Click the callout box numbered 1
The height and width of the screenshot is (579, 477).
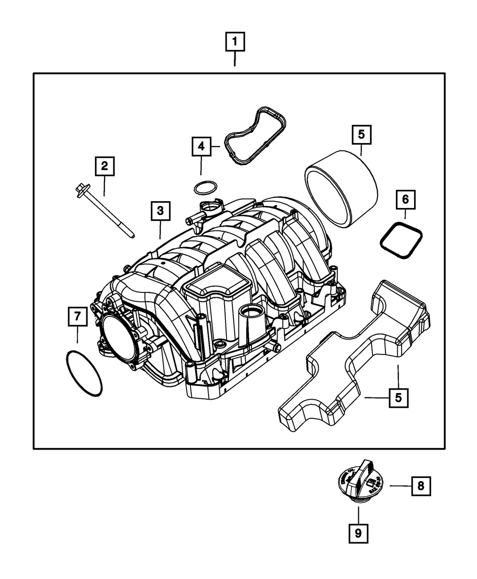tap(235, 41)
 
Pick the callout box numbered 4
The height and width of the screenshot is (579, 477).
tap(201, 146)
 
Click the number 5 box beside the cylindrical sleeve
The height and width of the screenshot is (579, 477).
tap(361, 134)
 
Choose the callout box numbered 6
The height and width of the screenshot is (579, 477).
tap(405, 199)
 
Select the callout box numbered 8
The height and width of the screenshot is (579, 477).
tap(420, 486)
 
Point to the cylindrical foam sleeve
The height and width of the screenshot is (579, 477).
tap(341, 188)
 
